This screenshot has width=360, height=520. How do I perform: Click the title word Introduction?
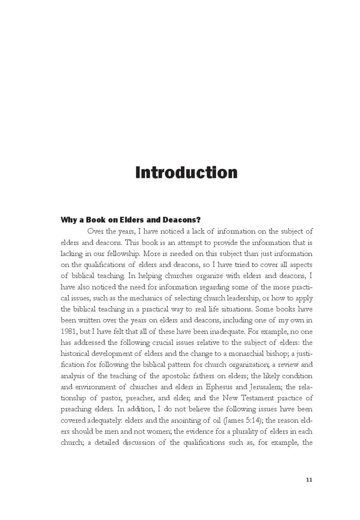[x=186, y=173]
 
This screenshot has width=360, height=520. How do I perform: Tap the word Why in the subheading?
[x=70, y=220]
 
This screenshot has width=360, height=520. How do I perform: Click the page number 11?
[x=309, y=479]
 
